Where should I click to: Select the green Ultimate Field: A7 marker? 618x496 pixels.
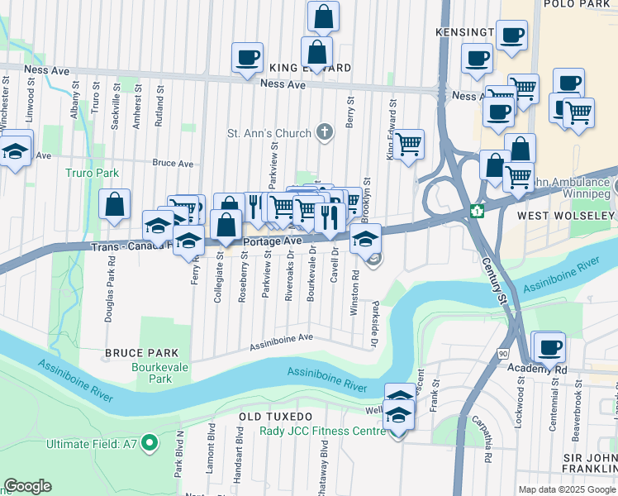150,444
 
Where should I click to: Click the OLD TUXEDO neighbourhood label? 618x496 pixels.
276,416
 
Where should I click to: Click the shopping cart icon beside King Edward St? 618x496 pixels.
408,144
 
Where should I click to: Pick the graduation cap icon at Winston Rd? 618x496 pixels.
364,239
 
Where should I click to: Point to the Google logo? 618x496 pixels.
28,486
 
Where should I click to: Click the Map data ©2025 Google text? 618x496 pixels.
567,489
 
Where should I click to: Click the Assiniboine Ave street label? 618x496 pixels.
282,339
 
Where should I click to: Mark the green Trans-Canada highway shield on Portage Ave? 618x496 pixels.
476,211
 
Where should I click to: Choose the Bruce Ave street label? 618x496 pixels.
173,163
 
